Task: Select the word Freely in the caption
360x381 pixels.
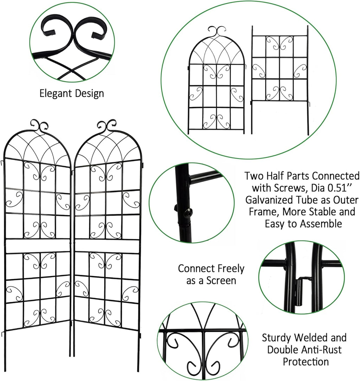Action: (x=229, y=268)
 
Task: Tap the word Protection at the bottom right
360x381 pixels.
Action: (x=306, y=362)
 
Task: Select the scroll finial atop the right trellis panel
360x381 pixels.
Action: (x=107, y=125)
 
